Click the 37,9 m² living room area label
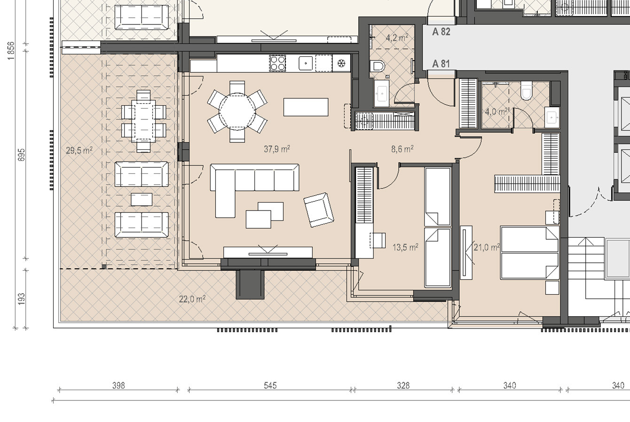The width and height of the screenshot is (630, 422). coord(277,148)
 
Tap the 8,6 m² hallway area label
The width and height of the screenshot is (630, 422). coord(402,148)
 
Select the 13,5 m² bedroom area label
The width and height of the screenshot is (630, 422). coord(405,247)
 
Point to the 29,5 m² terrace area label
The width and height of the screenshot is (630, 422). coord(79,150)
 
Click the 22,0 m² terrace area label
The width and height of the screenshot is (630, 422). coord(192,299)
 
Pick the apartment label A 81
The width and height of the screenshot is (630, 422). coord(441,64)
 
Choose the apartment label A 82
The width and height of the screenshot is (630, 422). coord(441,32)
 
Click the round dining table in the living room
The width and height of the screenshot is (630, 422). coord(237,112)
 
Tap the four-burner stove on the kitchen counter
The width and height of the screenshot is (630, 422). coord(277,63)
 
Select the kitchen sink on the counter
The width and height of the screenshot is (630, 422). coord(306,63)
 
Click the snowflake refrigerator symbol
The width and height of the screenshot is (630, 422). coord(341,63)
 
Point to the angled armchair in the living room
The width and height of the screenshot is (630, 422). coord(319,210)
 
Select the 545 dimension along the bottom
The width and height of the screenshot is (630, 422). coord(270,385)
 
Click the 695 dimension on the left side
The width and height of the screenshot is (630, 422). coord(21,155)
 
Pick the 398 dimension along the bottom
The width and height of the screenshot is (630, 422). coord(118,385)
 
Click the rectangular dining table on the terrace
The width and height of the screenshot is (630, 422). coord(143,121)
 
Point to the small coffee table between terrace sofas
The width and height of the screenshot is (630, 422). coord(142,199)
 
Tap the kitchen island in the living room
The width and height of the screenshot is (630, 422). coord(306,107)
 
